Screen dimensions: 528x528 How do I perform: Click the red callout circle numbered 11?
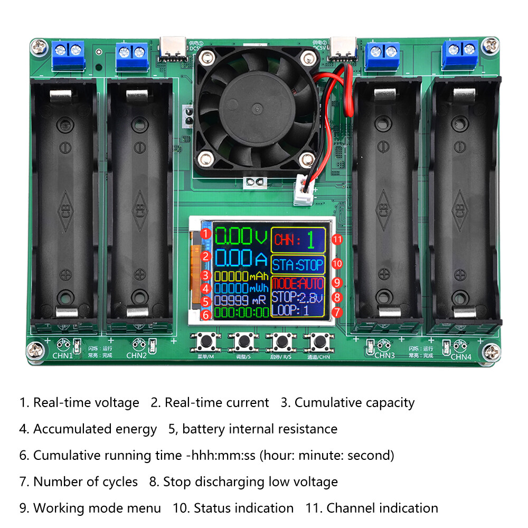[337, 240]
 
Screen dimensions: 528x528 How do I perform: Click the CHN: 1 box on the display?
[298, 240]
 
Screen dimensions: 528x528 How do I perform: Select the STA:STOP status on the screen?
[297, 265]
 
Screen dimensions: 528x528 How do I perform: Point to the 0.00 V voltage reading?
[241, 235]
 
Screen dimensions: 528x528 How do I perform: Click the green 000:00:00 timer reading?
[241, 313]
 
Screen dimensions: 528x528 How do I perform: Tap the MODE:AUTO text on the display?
[298, 284]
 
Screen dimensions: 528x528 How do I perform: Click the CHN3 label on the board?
[385, 355]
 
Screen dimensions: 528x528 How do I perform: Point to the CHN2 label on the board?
[136, 355]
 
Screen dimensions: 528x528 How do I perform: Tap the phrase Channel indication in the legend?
[382, 508]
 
